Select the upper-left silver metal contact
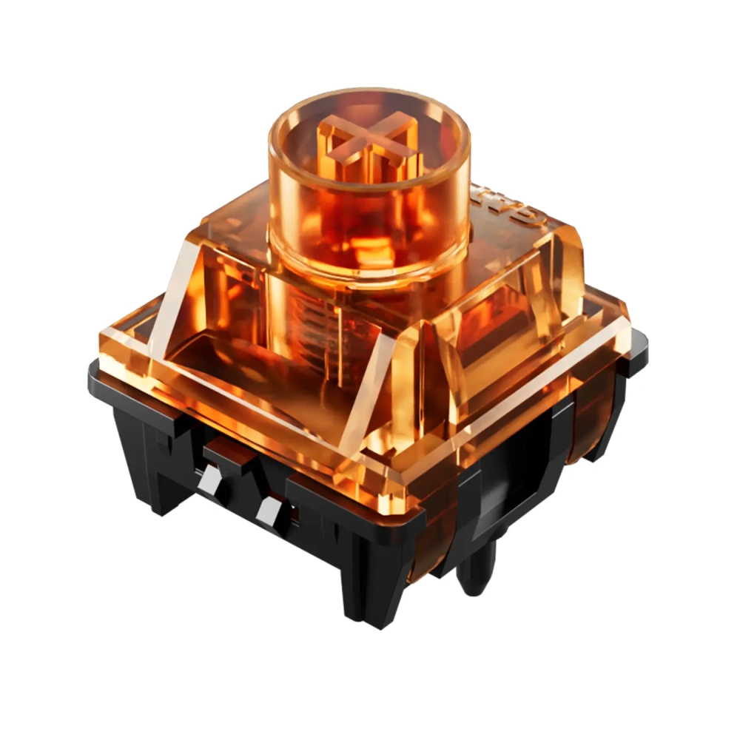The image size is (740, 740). pos(209,481)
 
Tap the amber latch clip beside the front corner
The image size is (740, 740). pos(425,548)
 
